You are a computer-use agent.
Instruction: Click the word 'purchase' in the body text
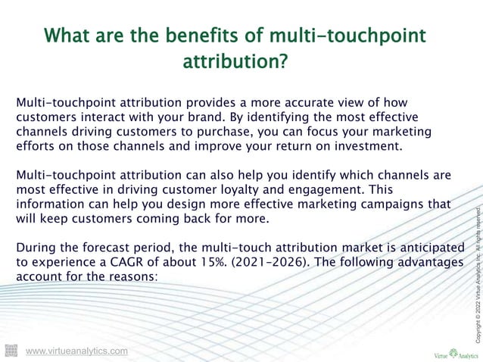[223, 132]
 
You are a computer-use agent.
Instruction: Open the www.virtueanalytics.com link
[76, 351]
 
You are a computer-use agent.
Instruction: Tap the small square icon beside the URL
[11, 350]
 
